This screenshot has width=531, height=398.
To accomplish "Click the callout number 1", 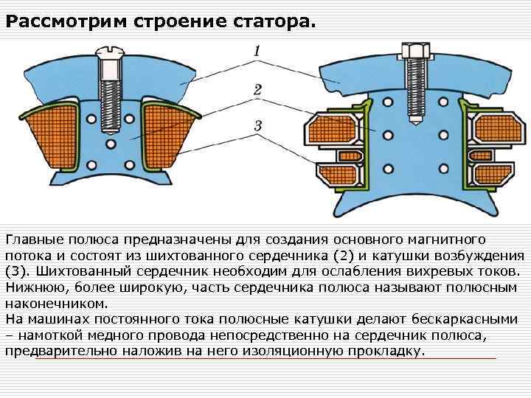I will coord(257,52).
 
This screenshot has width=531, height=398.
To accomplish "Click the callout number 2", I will coord(257,89).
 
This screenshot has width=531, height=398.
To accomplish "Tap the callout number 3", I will coord(257,126).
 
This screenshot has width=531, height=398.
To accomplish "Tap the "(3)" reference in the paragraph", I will coord(18,271).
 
